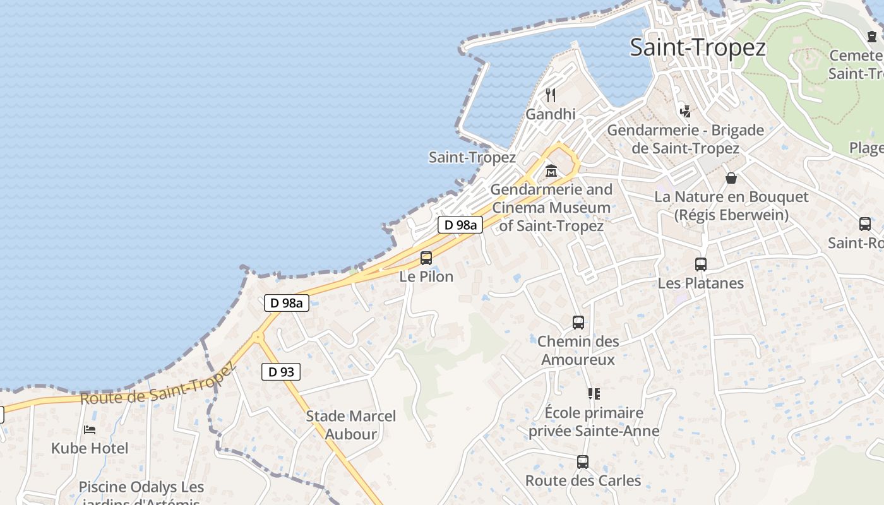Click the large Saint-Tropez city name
[x=698, y=47]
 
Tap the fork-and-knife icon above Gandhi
[x=551, y=95]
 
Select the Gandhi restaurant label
[x=551, y=114]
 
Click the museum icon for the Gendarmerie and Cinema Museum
[x=551, y=170]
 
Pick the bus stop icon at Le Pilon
[x=426, y=258]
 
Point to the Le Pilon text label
[x=426, y=276]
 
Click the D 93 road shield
[x=281, y=372]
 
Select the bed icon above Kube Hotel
[x=90, y=430]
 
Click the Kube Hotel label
[x=90, y=449]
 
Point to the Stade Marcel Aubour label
[x=351, y=425]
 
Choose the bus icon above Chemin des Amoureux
[x=578, y=323]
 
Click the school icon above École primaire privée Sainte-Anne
[x=594, y=394]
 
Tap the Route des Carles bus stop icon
[x=582, y=462]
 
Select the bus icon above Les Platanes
[x=700, y=264]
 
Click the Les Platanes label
[x=701, y=283]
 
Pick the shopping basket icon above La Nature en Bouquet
[x=731, y=178]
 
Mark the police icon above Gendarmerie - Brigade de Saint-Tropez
[x=685, y=112]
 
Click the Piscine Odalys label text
[x=141, y=487]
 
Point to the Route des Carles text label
[x=583, y=480]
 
